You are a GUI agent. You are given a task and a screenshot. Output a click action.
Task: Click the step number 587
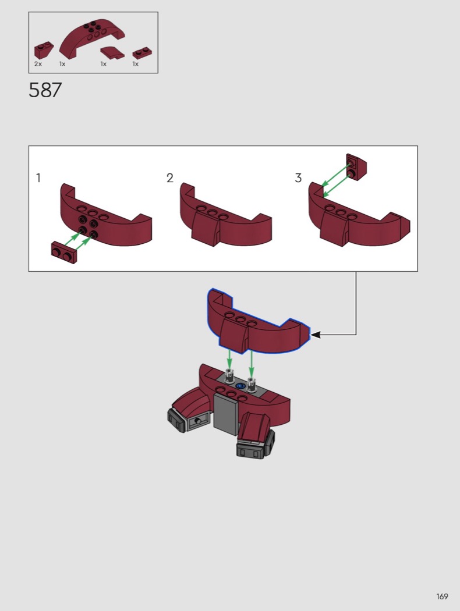[45, 90]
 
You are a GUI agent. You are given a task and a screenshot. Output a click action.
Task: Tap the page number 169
[442, 596]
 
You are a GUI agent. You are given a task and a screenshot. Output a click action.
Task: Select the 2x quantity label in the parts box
[38, 64]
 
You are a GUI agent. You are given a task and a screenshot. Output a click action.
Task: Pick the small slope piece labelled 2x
[43, 50]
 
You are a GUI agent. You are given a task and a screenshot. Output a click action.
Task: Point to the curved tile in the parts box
[112, 52]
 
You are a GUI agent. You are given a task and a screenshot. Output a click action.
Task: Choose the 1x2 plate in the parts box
[142, 54]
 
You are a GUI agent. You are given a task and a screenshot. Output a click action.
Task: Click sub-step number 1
[38, 178]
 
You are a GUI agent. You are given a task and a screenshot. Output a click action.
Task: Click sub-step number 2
[169, 178]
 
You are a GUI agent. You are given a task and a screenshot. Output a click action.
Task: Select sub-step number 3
[298, 178]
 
